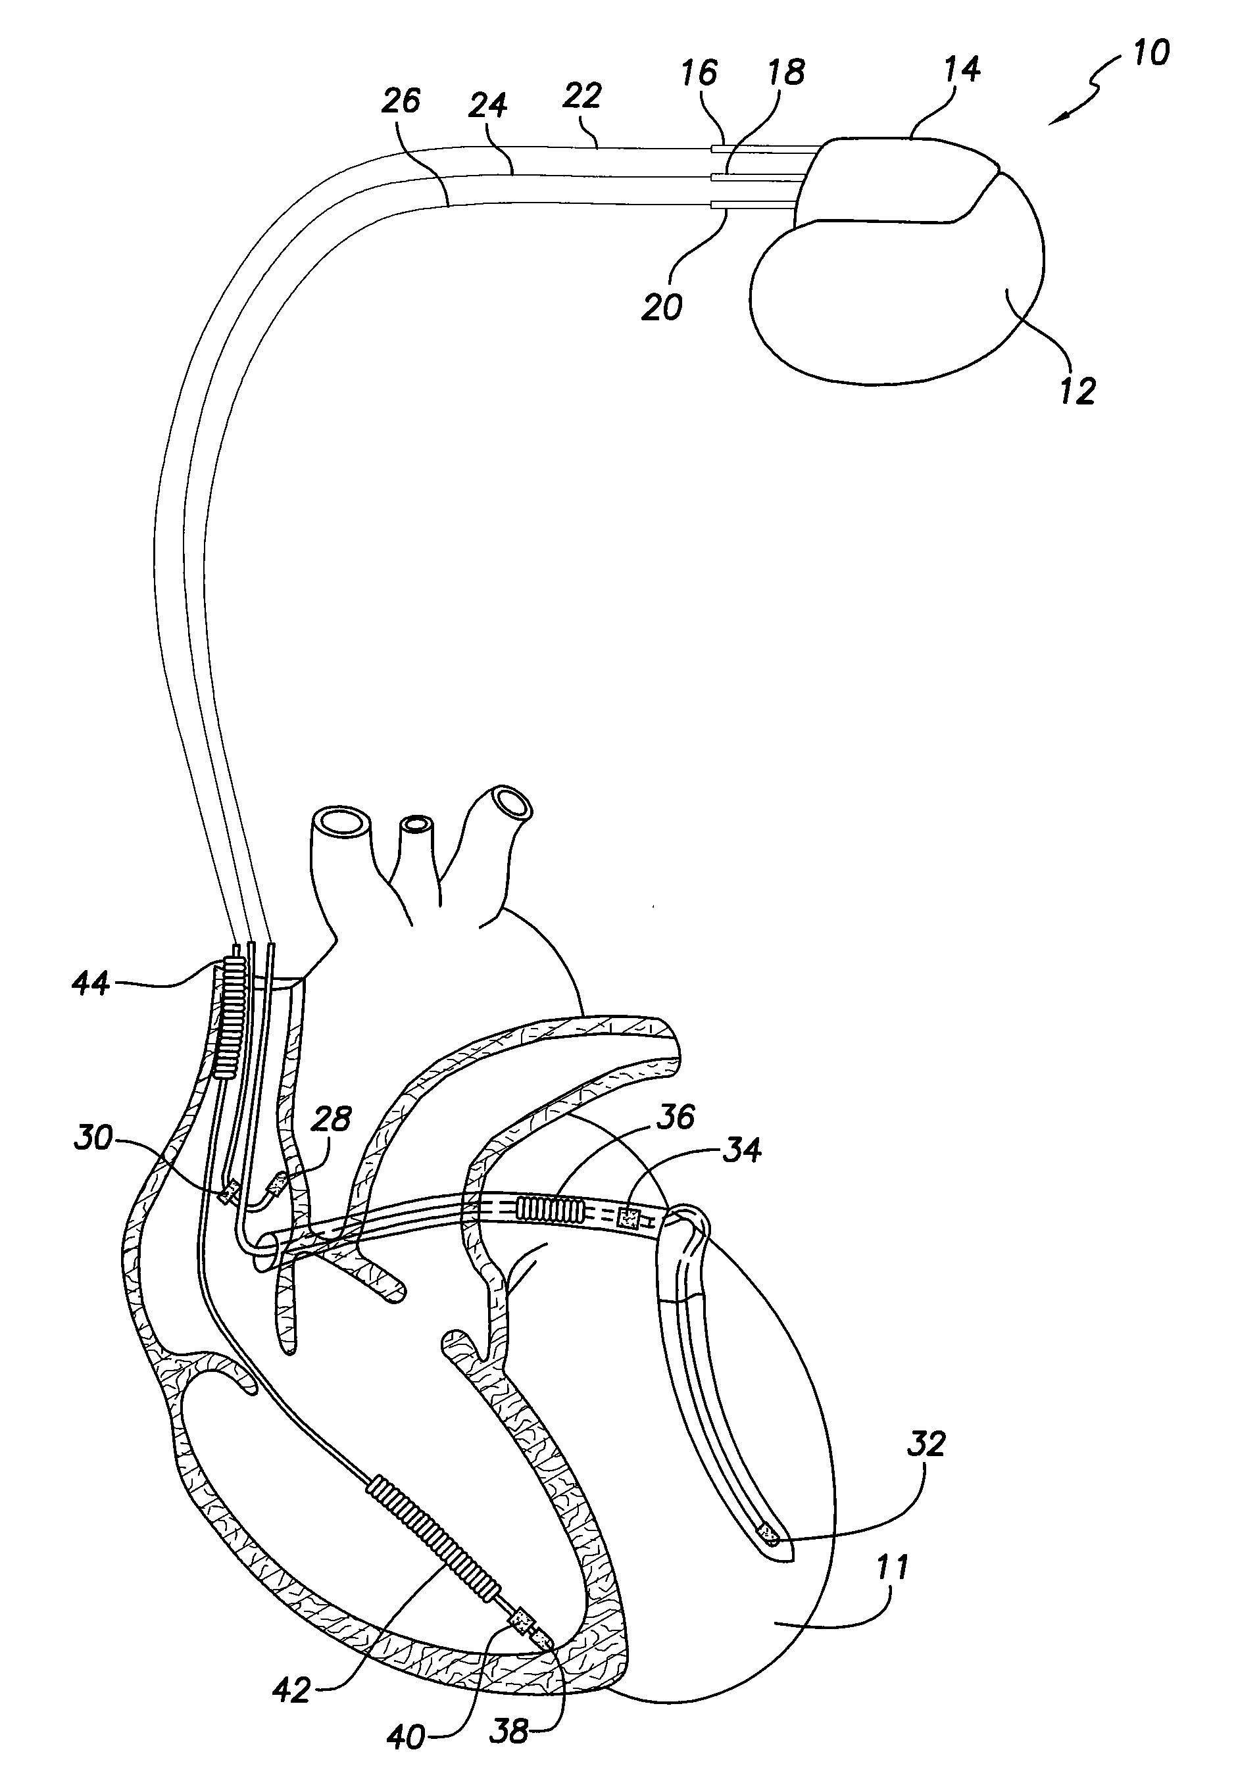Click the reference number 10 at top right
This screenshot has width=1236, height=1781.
pos(1150,53)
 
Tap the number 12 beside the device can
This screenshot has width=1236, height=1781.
pos(1077,392)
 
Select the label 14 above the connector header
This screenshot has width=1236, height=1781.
pos(962,69)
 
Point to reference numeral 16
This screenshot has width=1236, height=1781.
pos(699,73)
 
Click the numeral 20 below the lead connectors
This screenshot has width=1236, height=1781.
pos(662,306)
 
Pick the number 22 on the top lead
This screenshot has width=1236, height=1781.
pos(581,96)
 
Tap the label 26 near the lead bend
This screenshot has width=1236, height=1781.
pos(401,101)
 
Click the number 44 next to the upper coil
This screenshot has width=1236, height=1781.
pos(91,985)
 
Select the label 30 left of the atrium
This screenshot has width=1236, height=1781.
pos(93,1138)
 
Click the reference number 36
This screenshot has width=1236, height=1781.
pos(674,1117)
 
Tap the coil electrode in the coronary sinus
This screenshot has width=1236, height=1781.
pos(551,1209)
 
